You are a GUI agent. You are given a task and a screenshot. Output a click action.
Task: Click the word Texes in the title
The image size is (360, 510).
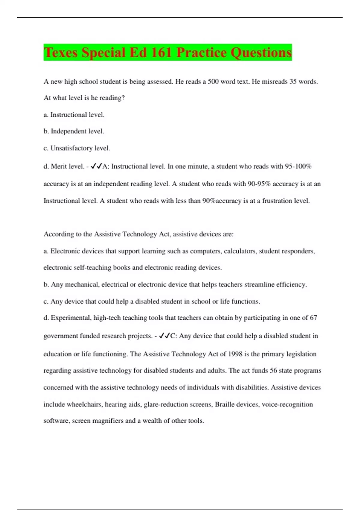tap(61, 52)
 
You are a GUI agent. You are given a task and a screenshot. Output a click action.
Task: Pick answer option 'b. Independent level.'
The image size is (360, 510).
tap(74, 131)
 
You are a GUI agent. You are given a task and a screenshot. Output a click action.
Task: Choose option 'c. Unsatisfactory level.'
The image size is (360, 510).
tap(77, 148)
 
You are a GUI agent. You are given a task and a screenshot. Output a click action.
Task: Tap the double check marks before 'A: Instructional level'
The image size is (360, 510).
tap(96, 166)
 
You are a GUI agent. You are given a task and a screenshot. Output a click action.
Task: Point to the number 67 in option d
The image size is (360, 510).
tap(313, 318)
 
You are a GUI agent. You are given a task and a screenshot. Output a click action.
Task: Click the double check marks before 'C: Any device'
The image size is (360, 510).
tap(164, 336)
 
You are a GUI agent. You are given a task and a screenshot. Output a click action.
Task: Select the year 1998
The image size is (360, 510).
tap(235, 354)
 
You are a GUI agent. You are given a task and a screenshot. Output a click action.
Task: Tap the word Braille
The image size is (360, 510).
tap(224, 404)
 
